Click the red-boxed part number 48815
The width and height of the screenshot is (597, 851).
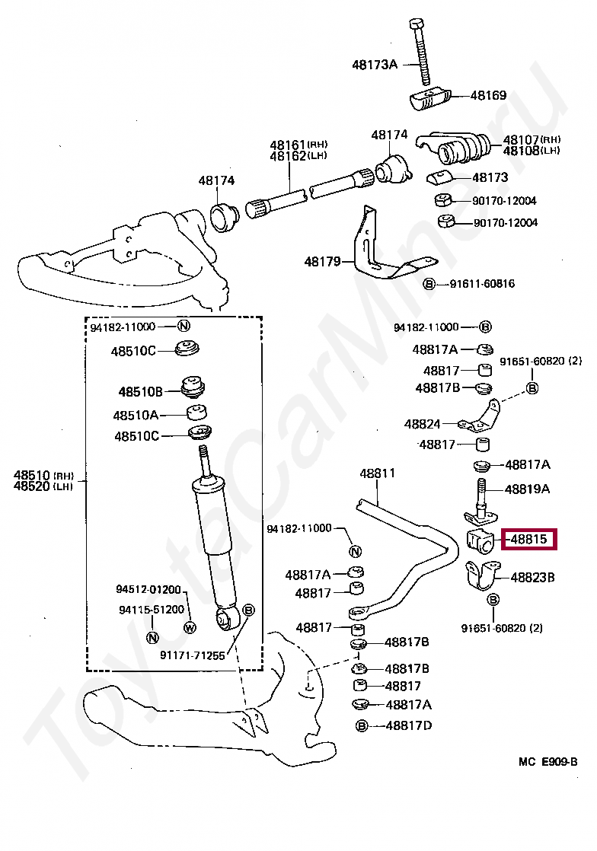(528, 540)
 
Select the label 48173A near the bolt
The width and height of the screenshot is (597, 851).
(375, 65)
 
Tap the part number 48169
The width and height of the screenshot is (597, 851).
(488, 96)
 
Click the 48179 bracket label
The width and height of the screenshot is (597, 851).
(322, 261)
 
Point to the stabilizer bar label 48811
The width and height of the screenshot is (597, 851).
(378, 473)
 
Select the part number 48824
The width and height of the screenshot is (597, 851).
(423, 424)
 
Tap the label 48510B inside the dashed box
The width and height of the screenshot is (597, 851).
(140, 392)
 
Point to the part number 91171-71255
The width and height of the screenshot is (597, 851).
(193, 655)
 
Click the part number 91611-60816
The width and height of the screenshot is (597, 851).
(482, 284)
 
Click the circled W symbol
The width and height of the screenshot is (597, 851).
(190, 628)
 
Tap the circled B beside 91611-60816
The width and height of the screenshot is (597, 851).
(429, 285)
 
